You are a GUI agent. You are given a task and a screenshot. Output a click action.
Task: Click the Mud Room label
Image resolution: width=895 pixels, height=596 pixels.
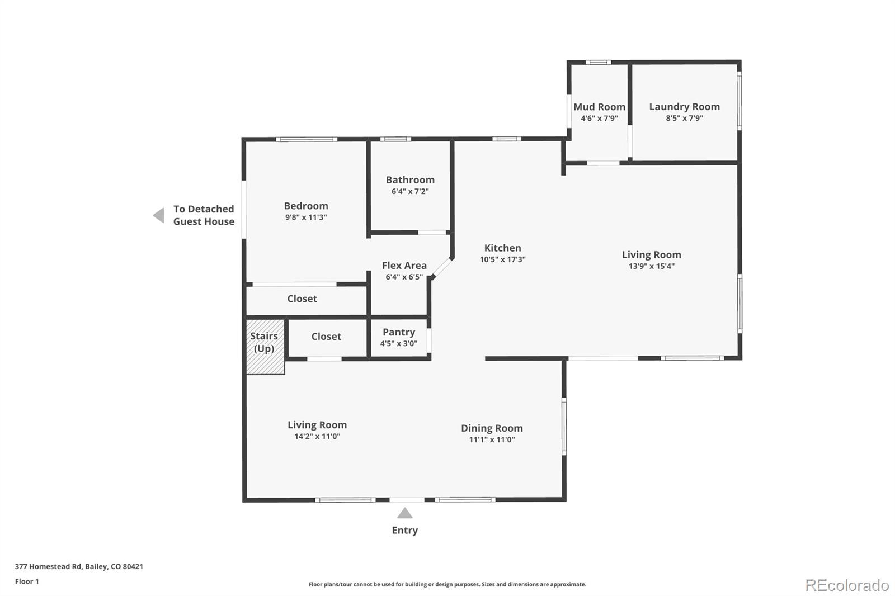599,107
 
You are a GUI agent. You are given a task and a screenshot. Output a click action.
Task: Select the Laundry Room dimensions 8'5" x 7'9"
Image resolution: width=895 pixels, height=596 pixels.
684,119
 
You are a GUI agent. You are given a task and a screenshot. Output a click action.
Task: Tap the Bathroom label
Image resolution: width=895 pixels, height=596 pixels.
410,180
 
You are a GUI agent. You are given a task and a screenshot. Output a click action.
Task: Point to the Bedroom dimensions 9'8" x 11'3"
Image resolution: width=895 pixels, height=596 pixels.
305,217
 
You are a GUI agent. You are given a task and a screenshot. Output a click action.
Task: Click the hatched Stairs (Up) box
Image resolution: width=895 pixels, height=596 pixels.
265,346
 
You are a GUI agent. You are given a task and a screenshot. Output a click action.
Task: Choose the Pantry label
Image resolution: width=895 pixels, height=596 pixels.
398,332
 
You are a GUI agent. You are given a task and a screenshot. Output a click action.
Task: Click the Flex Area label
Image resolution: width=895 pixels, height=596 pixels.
404,266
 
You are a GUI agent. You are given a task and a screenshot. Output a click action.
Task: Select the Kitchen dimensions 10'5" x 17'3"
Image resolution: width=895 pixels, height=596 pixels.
502,259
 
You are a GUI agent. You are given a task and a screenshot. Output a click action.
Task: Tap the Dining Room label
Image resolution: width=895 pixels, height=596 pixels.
492,428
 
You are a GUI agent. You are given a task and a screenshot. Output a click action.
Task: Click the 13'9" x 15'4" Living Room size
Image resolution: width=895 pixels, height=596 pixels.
651,266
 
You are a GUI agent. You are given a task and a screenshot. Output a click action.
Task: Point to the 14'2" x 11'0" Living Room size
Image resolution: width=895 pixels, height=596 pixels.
317,437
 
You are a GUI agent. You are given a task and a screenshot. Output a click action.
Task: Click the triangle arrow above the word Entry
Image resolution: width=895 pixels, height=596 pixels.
404,513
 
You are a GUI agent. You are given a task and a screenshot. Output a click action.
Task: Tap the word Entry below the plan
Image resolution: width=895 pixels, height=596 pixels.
404,531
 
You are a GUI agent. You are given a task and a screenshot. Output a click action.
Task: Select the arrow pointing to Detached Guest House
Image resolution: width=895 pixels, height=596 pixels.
159,215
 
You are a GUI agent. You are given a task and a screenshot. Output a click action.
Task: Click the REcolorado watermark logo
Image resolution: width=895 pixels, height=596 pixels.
846,585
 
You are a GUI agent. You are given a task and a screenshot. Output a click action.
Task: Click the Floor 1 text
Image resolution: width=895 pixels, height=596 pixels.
27,581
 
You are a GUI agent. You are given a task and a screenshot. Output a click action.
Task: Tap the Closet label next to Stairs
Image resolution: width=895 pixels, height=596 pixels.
326,337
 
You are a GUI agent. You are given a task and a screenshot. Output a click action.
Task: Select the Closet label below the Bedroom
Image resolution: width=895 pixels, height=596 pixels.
302,299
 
